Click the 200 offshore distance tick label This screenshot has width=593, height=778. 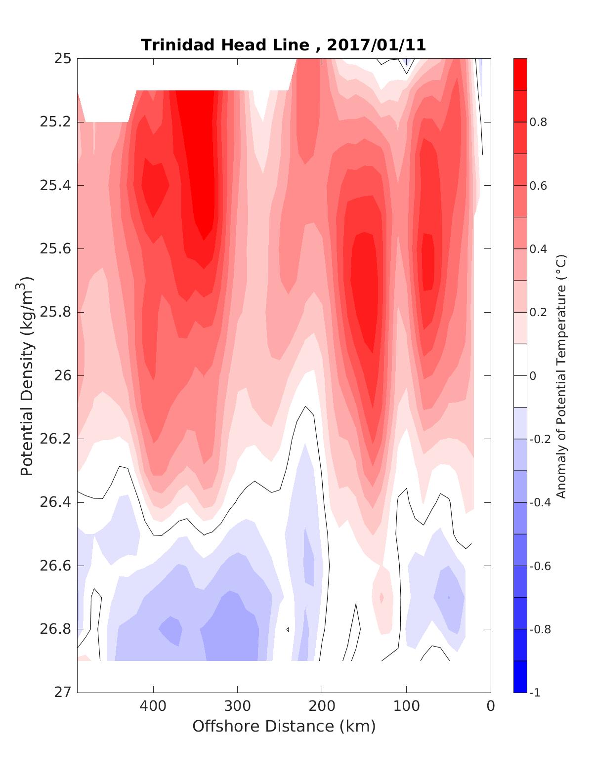(x=322, y=706)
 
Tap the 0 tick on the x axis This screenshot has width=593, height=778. (x=491, y=706)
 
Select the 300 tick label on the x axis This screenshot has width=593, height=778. (x=238, y=706)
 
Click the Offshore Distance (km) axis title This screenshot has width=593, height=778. (x=284, y=727)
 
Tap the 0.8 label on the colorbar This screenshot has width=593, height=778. (x=539, y=123)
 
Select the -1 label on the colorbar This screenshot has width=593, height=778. (x=535, y=693)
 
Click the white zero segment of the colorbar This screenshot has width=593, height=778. (x=520, y=376)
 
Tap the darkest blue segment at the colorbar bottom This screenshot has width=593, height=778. (x=520, y=677)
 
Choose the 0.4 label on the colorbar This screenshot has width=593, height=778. (x=539, y=249)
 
